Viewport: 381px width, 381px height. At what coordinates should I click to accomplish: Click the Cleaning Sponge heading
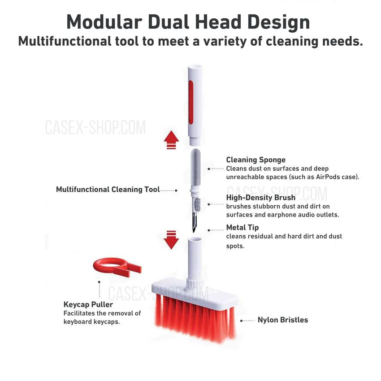tap(255, 160)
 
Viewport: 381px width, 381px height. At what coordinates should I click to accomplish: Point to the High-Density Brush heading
tap(260, 198)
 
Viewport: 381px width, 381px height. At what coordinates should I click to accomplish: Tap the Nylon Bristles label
tap(282, 320)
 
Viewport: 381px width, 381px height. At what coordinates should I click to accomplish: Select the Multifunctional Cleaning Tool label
tap(108, 190)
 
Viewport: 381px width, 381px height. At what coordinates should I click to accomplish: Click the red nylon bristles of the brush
tap(193, 318)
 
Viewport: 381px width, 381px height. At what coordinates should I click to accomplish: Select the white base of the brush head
tap(193, 289)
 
